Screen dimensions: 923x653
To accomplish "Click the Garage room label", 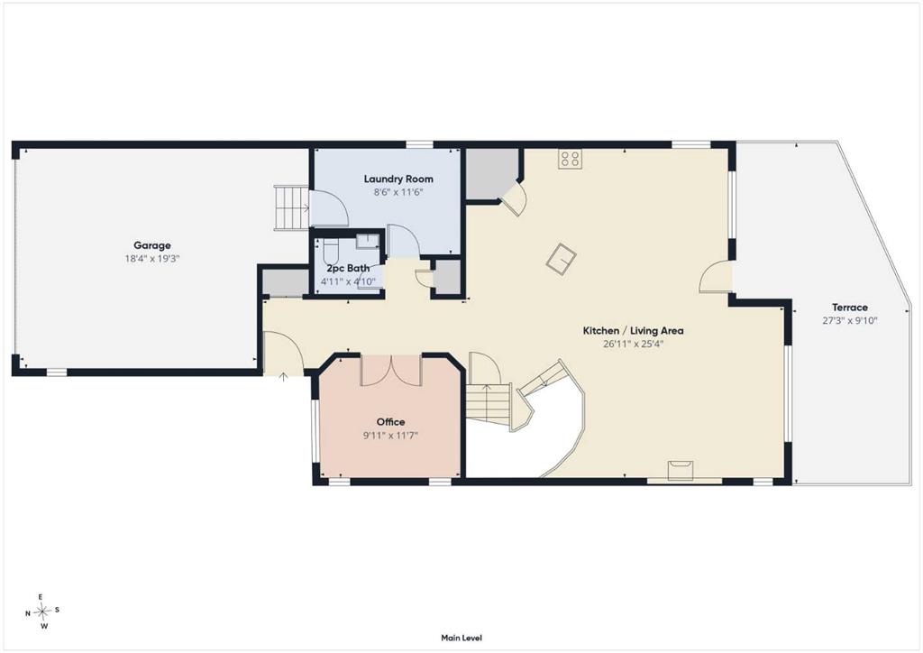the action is tap(151, 245).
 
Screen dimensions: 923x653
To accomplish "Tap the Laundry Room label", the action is tap(398, 179).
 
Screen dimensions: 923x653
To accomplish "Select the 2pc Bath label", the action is tap(349, 269).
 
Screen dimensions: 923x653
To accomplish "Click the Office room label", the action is tap(391, 421).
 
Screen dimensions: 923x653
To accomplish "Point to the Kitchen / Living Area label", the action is tap(634, 331).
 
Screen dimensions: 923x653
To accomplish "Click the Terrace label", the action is tap(850, 308).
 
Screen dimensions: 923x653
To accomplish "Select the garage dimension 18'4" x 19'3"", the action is tap(151, 259).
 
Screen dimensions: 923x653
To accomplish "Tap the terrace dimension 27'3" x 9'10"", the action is tap(850, 321).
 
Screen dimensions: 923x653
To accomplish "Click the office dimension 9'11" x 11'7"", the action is tap(391, 436).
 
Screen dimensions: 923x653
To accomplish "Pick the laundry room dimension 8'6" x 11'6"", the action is tap(398, 192).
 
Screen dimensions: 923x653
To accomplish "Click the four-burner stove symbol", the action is tap(571, 159).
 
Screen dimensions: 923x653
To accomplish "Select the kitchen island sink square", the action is tap(561, 259).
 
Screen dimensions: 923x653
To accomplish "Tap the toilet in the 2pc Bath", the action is tap(331, 252).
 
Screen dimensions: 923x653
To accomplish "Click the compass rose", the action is tap(42, 612).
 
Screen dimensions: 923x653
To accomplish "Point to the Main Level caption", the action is tap(461, 638).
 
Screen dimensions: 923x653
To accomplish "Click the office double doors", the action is tap(391, 371).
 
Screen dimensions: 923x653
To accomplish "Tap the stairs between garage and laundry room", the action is tap(292, 207).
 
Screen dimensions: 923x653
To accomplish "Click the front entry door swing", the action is tap(283, 352).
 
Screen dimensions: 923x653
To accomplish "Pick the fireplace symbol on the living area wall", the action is tap(681, 471).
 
